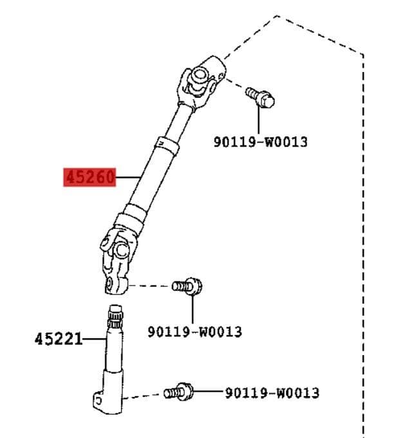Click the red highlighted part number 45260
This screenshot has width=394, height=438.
coord(89,177)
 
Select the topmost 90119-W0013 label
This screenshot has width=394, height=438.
coord(260,141)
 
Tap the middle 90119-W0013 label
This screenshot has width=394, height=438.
coord(194,331)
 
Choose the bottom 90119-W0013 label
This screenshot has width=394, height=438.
coord(272,392)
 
